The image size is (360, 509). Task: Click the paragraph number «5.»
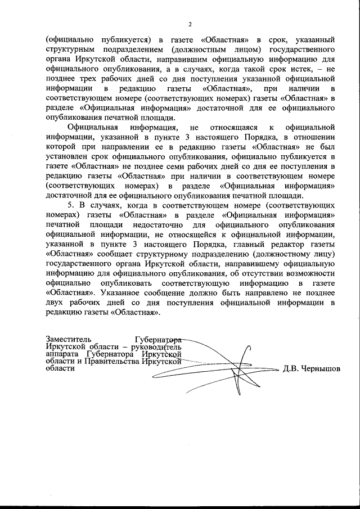pyautogui.click(x=71, y=205)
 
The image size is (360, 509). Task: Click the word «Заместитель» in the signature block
pyautogui.click(x=68, y=340)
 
